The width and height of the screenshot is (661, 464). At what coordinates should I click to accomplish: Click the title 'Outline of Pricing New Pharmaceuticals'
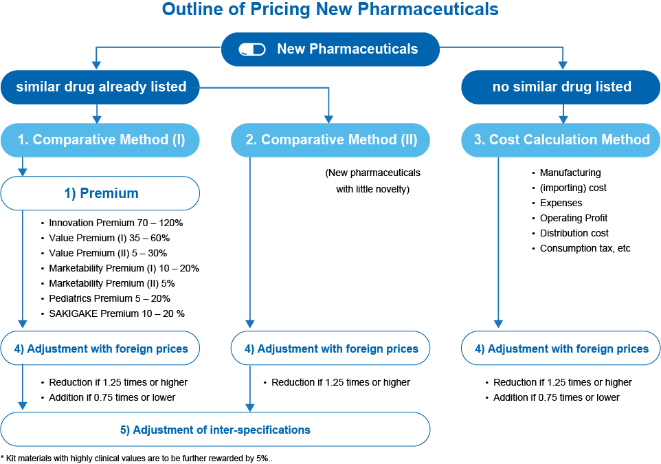(330, 10)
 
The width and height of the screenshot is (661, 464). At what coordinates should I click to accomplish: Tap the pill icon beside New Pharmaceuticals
(251, 49)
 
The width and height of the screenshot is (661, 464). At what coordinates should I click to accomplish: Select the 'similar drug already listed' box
(100, 87)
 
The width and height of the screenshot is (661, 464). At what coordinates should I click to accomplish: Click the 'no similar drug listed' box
(561, 87)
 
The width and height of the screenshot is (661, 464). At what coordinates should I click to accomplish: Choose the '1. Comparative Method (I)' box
(100, 140)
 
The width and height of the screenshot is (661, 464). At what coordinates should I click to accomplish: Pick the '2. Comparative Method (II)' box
(330, 140)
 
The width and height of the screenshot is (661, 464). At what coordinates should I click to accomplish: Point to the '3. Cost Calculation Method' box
(561, 140)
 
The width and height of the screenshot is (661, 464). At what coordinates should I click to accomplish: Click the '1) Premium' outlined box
(100, 193)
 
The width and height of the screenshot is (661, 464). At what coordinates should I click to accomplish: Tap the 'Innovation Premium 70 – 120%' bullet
(115, 223)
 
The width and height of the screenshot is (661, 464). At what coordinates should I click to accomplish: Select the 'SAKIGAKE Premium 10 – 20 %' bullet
(116, 313)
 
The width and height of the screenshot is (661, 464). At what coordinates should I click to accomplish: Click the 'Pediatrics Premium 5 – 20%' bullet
(109, 298)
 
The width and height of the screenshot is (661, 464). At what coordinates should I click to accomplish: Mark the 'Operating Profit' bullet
(573, 218)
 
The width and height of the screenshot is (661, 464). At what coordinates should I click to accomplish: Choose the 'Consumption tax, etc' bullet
(585, 248)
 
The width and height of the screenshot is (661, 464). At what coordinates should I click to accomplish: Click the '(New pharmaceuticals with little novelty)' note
(372, 181)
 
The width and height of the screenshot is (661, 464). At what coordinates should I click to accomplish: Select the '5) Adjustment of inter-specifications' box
(215, 430)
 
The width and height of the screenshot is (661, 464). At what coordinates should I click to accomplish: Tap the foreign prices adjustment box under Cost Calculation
(561, 349)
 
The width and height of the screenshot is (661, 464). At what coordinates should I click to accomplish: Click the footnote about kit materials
(137, 458)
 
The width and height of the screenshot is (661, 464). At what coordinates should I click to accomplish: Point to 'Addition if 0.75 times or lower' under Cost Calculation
(556, 397)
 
